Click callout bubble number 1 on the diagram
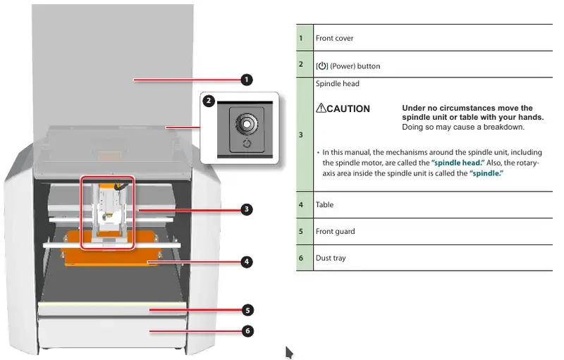[x=246, y=80]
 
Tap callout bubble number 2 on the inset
[x=209, y=101]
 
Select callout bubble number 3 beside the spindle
[x=246, y=209]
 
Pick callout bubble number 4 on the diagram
[x=246, y=261]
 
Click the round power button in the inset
[x=246, y=123]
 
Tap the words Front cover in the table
[x=334, y=38]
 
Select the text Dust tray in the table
[x=331, y=259]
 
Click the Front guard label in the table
[x=335, y=231]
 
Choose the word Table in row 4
[x=324, y=205]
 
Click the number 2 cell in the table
[x=301, y=65]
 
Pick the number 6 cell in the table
[x=301, y=259]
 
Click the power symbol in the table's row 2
[x=322, y=66]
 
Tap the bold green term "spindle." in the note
[x=488, y=173]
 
